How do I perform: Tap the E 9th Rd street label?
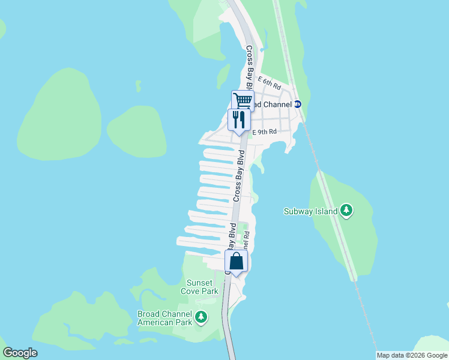click(265, 131)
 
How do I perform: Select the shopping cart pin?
click(243, 100)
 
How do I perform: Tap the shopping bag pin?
click(237, 261)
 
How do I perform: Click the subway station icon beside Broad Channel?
click(297, 104)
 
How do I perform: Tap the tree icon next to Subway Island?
click(346, 211)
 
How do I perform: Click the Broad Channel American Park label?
click(165, 318)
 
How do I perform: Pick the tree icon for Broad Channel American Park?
click(201, 317)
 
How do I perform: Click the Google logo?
click(20, 353)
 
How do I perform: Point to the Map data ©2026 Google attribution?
click(412, 355)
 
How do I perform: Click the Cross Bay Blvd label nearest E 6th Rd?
click(249, 62)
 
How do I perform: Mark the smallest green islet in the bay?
click(138, 86)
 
